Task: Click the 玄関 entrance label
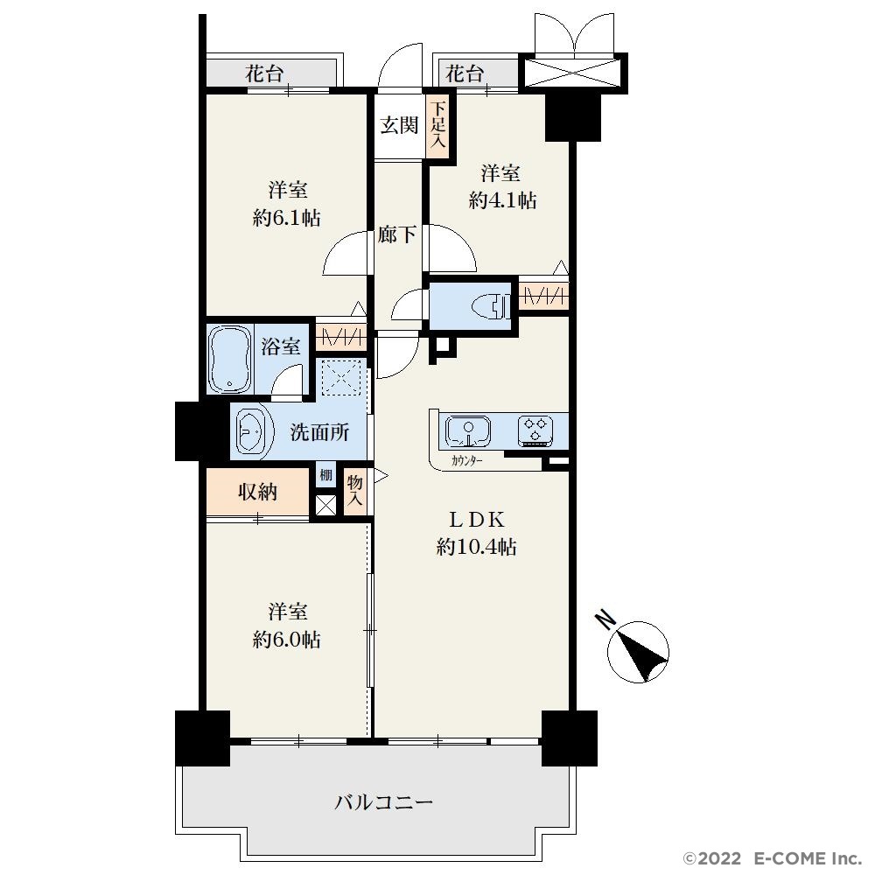point(399,125)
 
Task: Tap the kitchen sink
point(468,431)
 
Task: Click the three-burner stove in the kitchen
point(536,430)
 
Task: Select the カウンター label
point(466,461)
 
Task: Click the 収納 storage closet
point(258,492)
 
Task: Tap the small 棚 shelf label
point(325,475)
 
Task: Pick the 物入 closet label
point(355,490)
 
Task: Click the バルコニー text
point(384,802)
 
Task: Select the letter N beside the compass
point(605,619)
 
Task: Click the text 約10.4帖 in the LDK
point(476,547)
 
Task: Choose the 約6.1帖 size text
point(286,217)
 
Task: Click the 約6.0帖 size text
point(286,639)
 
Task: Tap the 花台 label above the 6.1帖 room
point(264,73)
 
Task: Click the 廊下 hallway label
point(396,234)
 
